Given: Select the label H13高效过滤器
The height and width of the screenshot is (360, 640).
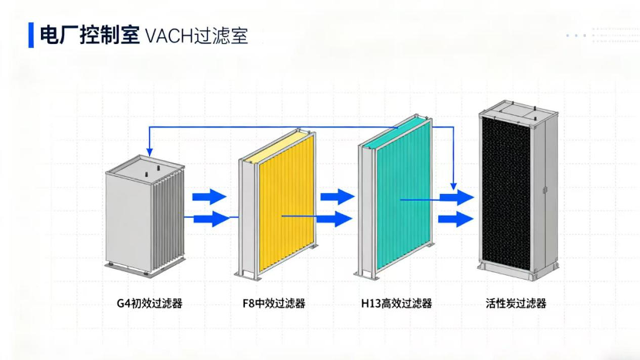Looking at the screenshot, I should coord(397,304).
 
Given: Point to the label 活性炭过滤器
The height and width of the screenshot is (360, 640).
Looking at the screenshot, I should coord(516,304).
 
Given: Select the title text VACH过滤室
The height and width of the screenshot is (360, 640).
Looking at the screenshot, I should coord(196,36).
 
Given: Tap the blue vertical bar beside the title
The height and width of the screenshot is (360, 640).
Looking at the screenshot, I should coord(31,36).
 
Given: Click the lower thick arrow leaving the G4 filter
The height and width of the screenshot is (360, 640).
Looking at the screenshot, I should coord(209,219).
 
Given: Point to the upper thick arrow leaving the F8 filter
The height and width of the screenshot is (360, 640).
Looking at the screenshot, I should coord(336,196).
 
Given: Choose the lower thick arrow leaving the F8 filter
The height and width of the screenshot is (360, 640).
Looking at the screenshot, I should coord(336,219).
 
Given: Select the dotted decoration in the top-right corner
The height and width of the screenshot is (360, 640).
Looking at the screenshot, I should coord(603,35).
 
